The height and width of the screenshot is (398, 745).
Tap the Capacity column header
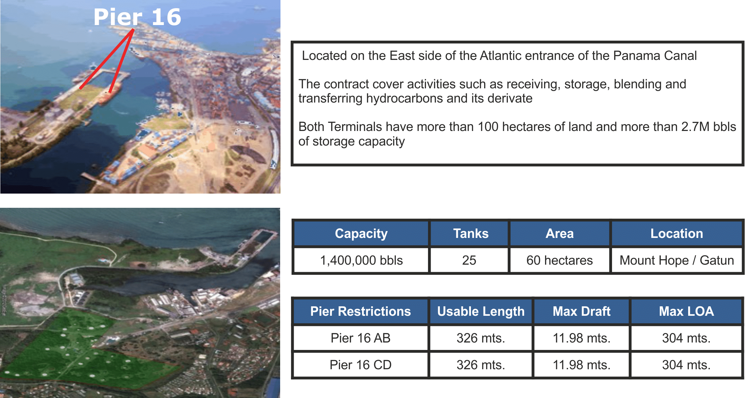361,234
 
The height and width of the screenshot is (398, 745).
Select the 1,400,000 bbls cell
361,260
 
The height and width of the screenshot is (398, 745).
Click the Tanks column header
469,234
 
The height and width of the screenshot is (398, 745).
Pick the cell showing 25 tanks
469,260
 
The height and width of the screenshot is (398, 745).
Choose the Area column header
560,234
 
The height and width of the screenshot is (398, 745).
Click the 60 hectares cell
560,260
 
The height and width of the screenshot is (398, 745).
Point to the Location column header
677,234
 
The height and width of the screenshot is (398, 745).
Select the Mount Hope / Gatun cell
677,260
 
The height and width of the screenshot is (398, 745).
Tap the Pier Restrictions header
361,311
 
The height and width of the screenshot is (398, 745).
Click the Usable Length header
481,311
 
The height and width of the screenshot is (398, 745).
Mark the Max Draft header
581,311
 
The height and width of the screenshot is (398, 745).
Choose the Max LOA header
686,311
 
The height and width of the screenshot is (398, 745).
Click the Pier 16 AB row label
361,338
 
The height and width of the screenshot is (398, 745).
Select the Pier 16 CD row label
361,365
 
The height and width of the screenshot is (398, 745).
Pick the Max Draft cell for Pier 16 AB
581,338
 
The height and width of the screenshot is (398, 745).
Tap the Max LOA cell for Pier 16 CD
686,365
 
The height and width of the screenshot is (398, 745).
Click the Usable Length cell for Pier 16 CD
481,365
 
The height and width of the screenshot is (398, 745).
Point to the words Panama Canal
655,56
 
